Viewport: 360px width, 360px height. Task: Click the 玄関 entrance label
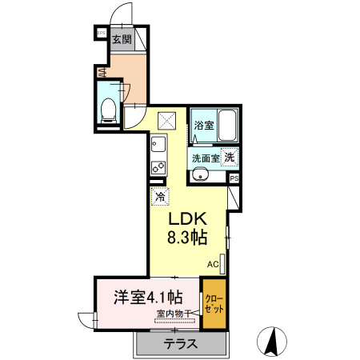point(121,38)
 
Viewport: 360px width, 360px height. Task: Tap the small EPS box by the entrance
point(101,33)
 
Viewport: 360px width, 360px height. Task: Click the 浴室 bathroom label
point(203,126)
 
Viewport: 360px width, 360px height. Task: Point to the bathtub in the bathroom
point(227,124)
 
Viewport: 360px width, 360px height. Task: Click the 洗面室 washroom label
point(204,157)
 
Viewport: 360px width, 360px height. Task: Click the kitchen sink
point(157,145)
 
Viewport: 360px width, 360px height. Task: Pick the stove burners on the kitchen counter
point(157,168)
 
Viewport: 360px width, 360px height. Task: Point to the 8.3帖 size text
point(187,238)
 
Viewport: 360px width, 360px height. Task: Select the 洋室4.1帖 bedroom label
point(145,297)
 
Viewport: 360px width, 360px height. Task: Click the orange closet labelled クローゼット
point(214,302)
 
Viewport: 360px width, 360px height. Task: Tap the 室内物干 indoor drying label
point(173,314)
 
